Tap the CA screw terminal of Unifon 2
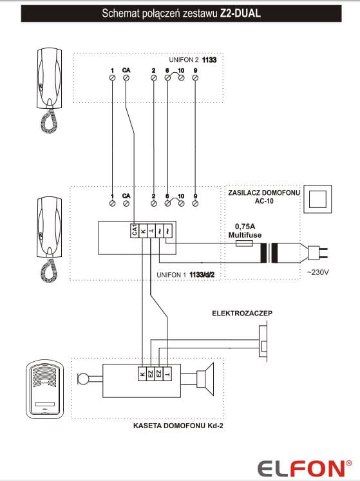click(x=126, y=78)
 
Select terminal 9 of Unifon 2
click(x=195, y=78)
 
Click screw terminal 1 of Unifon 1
click(x=112, y=203)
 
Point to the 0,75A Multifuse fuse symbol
click(x=244, y=243)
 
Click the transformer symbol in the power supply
click(x=269, y=253)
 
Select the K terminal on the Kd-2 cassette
click(x=142, y=373)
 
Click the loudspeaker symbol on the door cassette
click(x=205, y=379)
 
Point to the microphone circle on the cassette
click(x=83, y=379)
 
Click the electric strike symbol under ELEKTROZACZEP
click(x=263, y=341)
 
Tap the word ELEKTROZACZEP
click(x=242, y=313)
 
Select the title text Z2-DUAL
click(x=240, y=13)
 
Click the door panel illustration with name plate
click(x=45, y=389)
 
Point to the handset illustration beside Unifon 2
click(x=50, y=90)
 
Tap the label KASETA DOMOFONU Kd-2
click(x=178, y=426)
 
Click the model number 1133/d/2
click(x=202, y=274)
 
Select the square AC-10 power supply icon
click(x=317, y=199)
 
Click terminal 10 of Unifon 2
click(x=182, y=78)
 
